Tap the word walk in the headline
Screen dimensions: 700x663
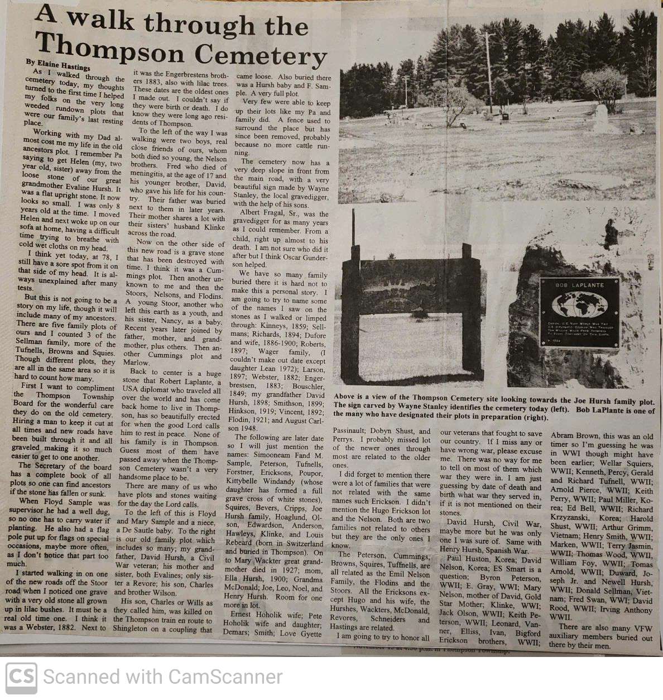coord(100,21)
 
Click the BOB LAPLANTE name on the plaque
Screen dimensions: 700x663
coord(579,285)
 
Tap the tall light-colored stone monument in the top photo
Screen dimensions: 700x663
coord(600,119)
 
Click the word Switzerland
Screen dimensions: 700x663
coord(302,543)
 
